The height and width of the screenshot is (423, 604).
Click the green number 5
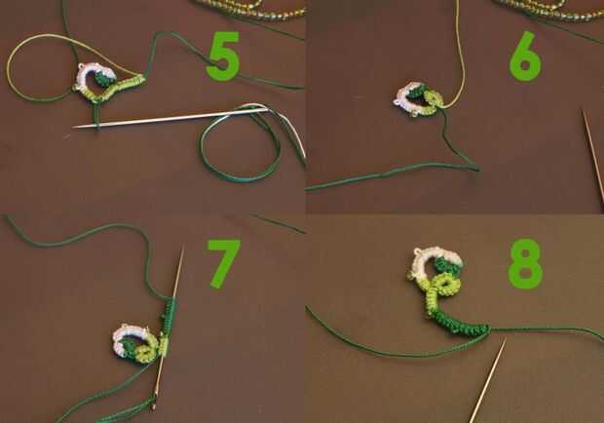click(223, 57)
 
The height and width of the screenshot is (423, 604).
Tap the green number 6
click(525, 57)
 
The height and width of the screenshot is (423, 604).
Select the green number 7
click(223, 263)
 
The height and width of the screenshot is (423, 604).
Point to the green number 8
click(525, 264)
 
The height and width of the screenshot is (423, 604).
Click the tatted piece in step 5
click(110, 84)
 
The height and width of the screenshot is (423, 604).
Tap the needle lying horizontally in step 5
click(170, 118)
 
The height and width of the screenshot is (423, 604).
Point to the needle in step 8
click(487, 380)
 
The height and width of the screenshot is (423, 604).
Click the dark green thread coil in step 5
click(241, 142)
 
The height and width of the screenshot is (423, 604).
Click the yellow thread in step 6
click(461, 58)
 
